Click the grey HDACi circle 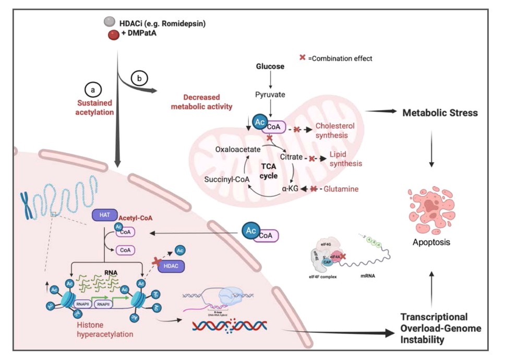109,21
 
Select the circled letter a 93,90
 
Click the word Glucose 270,67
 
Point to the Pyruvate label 270,94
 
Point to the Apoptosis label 431,243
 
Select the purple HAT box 103,214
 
